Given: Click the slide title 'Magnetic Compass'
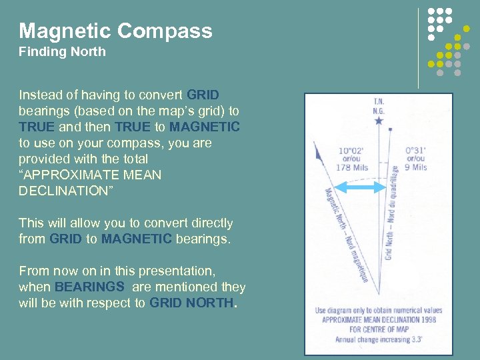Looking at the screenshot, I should click(x=115, y=31).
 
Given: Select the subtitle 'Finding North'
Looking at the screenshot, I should click(x=62, y=51).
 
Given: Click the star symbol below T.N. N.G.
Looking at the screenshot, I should click(x=379, y=121).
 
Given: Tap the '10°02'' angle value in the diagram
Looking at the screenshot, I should click(x=352, y=151).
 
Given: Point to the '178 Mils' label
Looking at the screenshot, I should click(x=352, y=167).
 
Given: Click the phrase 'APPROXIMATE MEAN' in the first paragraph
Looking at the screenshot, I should click(x=90, y=175).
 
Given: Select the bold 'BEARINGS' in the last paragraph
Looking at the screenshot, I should click(x=89, y=287).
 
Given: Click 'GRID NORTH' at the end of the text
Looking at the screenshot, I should click(x=192, y=303).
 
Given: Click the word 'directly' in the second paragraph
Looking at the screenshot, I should click(x=210, y=223).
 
